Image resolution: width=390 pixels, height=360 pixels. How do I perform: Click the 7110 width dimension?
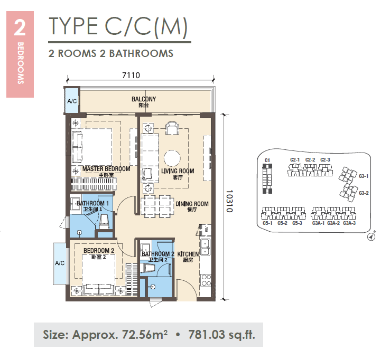point(131,75)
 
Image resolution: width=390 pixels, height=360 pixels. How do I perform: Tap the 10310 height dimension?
point(229,201)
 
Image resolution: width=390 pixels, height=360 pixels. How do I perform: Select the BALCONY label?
point(144,99)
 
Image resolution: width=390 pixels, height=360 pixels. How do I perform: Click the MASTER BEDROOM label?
point(106,169)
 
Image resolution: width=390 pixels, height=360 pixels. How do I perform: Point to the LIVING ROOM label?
point(178,171)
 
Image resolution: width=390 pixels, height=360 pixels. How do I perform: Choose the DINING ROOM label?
point(192,204)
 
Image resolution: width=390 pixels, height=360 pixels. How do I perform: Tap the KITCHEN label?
point(188,254)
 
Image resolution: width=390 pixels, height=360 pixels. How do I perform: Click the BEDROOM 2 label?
point(99,251)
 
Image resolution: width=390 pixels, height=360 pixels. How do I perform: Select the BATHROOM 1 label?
point(92,203)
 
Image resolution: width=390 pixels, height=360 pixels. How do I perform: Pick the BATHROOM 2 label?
point(158,254)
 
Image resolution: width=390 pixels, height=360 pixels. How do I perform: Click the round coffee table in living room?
point(172,158)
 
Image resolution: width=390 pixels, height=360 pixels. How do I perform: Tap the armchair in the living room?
point(172,128)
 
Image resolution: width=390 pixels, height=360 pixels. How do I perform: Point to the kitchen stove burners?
point(206,280)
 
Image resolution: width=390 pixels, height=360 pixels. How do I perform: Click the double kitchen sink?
point(206,247)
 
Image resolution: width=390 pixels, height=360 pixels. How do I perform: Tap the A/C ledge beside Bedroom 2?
point(60,263)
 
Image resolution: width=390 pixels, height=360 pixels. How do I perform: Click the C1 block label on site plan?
point(267,160)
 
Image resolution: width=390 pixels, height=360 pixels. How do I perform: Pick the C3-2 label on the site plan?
point(364,193)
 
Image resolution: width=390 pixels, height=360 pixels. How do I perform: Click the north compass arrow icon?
point(372,237)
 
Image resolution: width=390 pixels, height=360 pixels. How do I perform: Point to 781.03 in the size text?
point(206,335)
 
